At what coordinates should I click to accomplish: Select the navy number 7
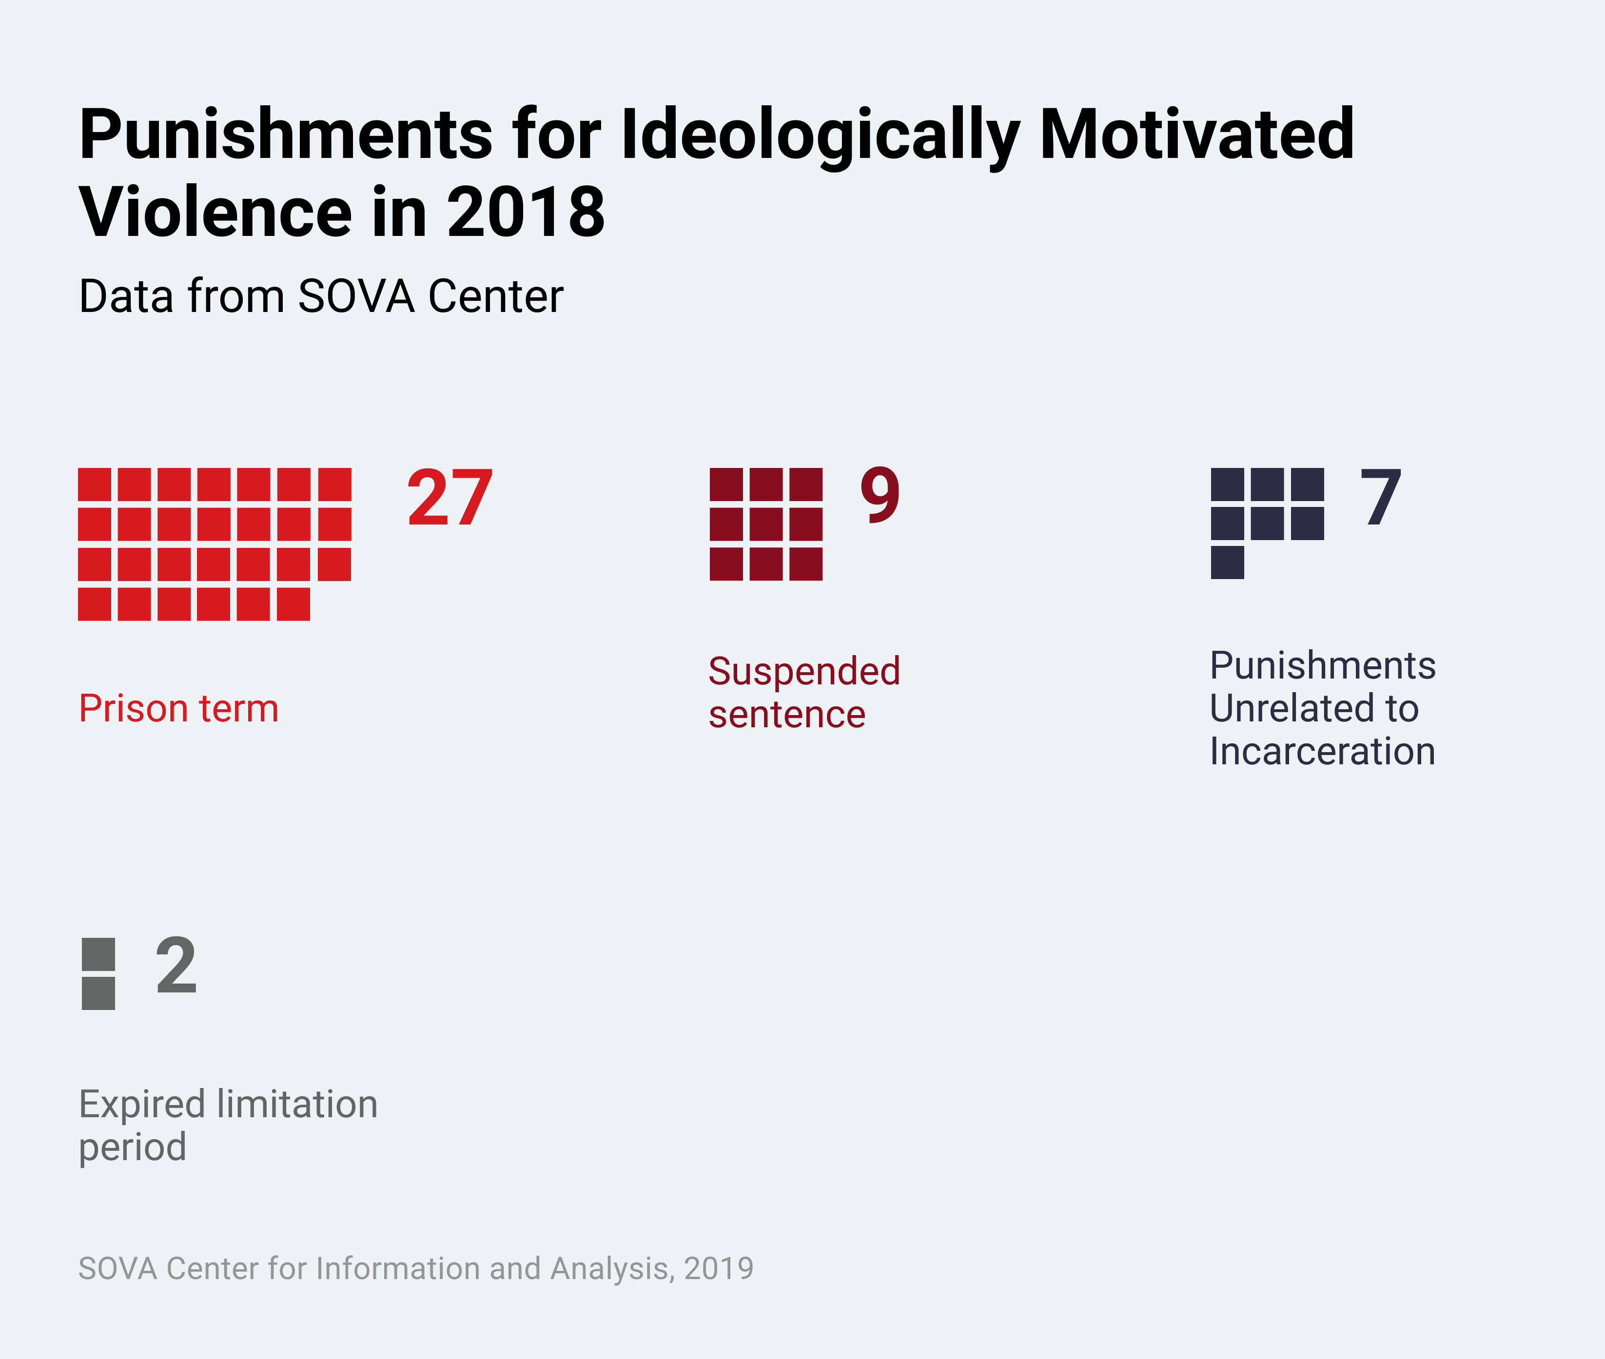tap(1380, 499)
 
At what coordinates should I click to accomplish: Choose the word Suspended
tap(803, 671)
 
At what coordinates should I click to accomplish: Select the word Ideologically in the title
tap(820, 135)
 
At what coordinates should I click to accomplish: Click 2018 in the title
tap(526, 212)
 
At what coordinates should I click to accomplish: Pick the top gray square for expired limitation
tap(98, 954)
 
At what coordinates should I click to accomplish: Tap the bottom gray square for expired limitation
tap(98, 993)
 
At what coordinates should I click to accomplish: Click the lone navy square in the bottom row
tap(1228, 563)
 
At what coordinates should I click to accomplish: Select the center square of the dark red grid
tap(766, 524)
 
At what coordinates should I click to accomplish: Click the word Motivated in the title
tap(1196, 135)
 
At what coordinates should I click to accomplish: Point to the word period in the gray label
tap(133, 1147)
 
